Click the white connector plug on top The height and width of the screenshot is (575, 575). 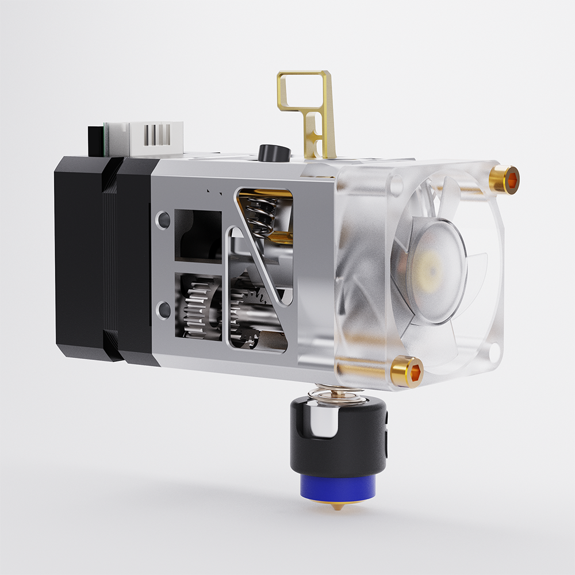(154, 138)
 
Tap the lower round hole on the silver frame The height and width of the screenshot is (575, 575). (163, 310)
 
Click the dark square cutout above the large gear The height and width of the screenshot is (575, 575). (197, 235)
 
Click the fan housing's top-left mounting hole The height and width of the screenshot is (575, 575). (396, 184)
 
